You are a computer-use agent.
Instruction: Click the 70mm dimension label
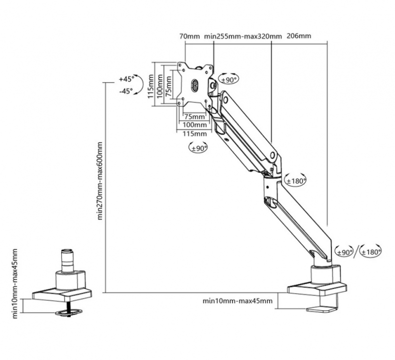190,36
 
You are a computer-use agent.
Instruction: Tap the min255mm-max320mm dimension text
243,36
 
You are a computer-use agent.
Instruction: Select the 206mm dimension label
299,36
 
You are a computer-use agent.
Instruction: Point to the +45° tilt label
127,79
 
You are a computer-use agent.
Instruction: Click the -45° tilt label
126,91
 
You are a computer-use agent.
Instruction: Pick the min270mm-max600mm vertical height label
100,181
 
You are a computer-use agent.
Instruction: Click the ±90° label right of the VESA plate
229,80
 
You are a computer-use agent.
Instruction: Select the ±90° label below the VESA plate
199,148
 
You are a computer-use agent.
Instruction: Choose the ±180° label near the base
371,252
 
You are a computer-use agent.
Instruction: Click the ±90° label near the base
345,252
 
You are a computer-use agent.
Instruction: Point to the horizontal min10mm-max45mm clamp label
237,301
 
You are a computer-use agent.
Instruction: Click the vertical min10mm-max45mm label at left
15,284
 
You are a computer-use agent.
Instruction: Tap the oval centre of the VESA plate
195,85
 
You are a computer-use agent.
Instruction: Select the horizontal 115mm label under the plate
195,134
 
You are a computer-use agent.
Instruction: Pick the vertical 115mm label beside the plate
151,86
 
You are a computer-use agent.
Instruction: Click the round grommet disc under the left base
69,313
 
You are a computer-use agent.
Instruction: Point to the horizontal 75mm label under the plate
195,117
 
